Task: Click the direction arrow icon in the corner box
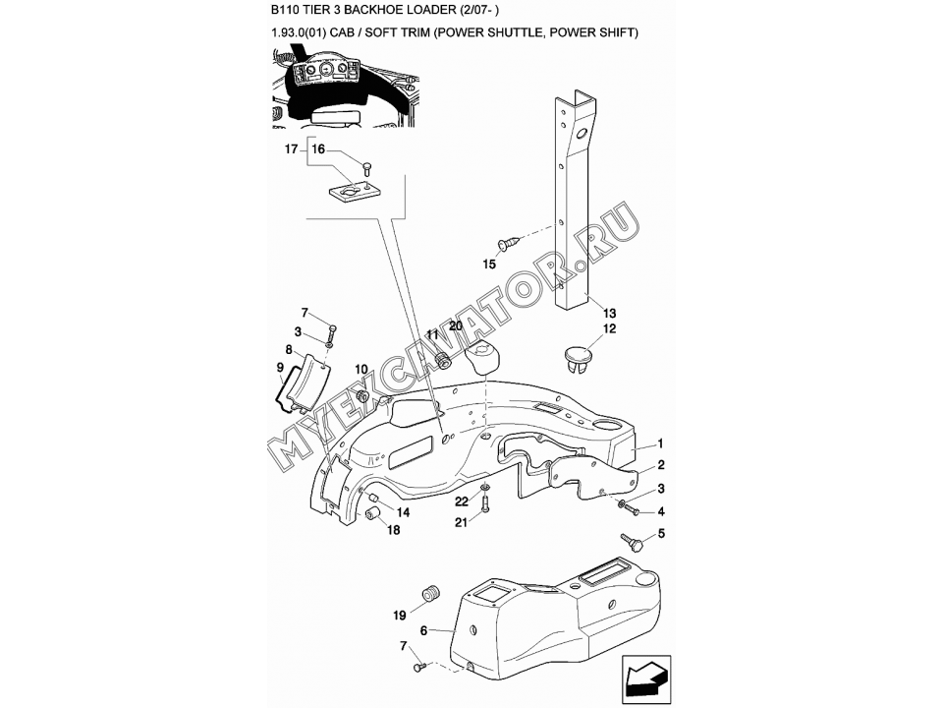point(646,679)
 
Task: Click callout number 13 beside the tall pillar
point(609,313)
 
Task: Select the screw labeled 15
point(508,243)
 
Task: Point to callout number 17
point(291,148)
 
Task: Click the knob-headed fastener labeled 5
point(632,542)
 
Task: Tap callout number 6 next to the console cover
point(423,630)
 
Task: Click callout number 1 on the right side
point(660,443)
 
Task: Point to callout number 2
point(661,465)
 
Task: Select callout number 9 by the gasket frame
point(280,367)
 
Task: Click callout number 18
point(393,530)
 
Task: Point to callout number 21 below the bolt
point(461,522)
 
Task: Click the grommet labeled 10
point(362,396)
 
